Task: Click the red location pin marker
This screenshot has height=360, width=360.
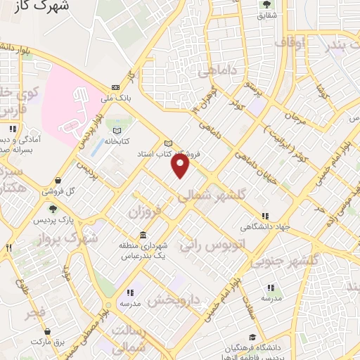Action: point(181,165)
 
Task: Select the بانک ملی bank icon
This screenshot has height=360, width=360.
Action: point(115,87)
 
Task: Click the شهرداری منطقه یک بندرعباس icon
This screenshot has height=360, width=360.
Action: point(143,235)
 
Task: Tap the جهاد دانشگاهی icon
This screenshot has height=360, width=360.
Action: point(264,217)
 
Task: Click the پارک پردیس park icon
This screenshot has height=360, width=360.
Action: point(52,209)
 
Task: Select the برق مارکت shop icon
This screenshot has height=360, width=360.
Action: point(46,331)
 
